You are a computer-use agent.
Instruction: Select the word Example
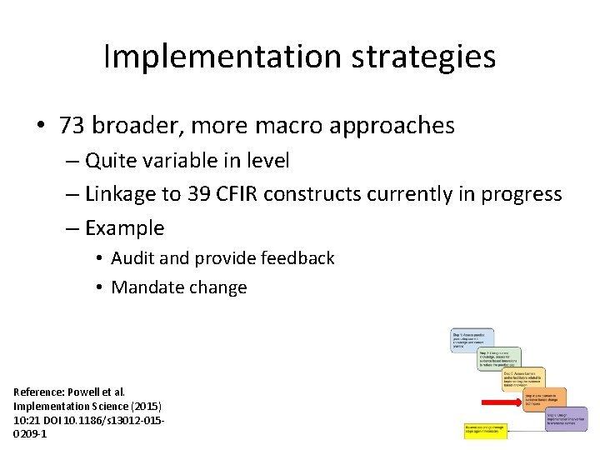125,228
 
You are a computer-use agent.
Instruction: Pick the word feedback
297,258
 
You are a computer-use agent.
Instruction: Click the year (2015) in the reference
142,405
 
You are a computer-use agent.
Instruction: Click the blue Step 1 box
472,338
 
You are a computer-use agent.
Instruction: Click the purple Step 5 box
566,418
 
